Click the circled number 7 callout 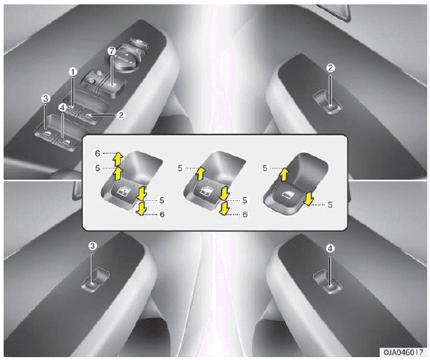(111, 51)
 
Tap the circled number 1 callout (73, 72)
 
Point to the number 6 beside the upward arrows (98, 153)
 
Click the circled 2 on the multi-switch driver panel (121, 115)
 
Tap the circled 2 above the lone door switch (330, 68)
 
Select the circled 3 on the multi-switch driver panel (46, 98)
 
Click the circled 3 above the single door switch (93, 246)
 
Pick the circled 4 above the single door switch (330, 249)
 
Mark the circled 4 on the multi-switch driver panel (63, 108)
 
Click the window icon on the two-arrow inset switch (287, 194)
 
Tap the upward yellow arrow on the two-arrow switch (284, 174)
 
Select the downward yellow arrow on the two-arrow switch (309, 199)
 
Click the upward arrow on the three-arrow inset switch (201, 173)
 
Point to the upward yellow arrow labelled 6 (118, 159)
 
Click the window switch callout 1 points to (72, 108)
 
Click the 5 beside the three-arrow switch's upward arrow (180, 168)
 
